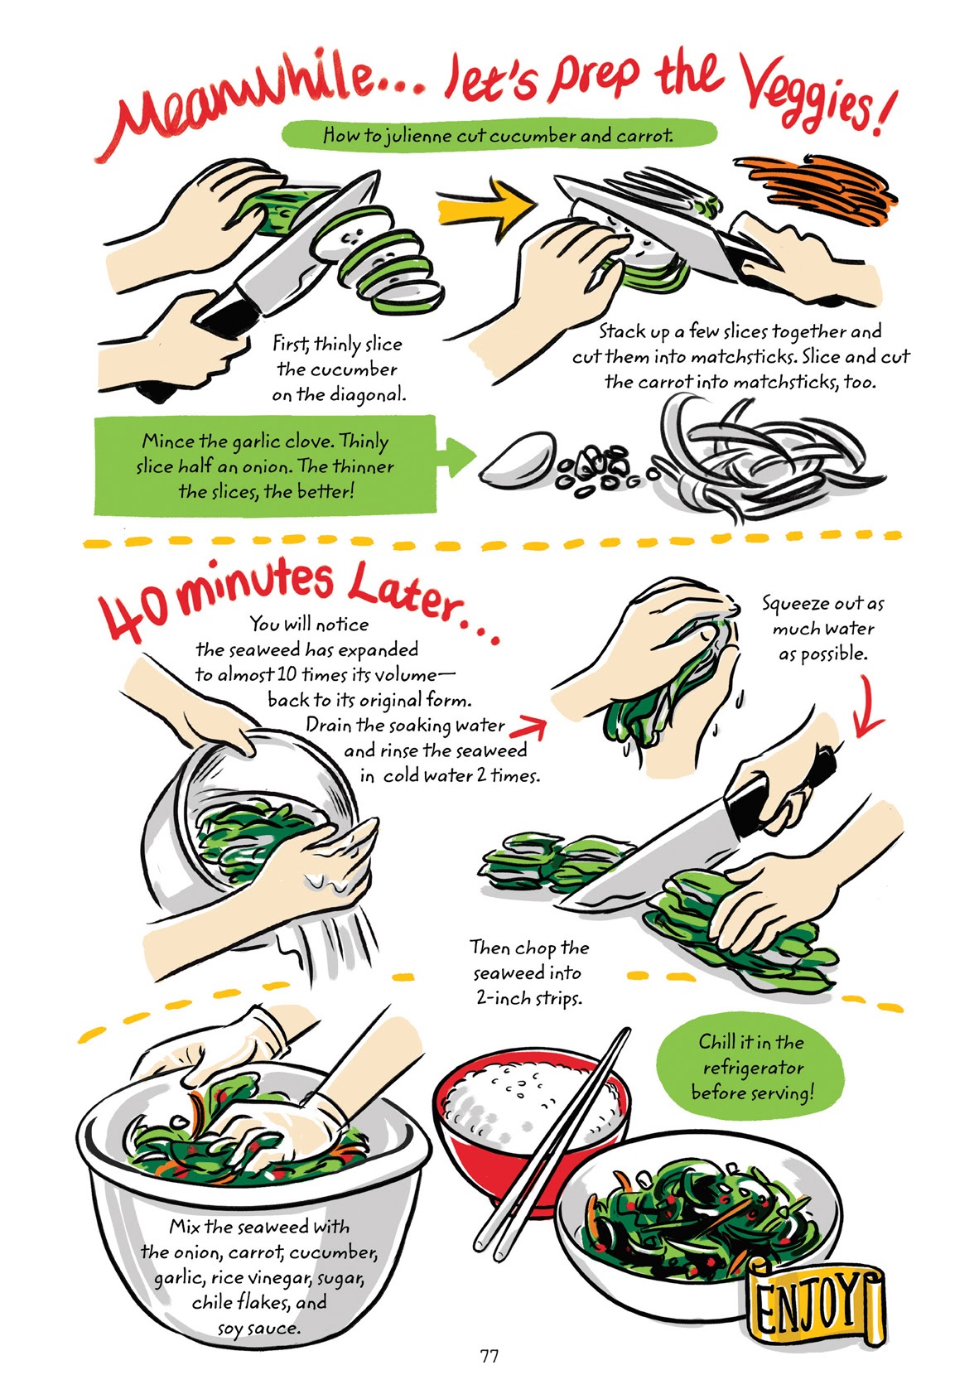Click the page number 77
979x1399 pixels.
(489, 1356)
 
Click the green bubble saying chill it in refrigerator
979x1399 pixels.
(750, 1067)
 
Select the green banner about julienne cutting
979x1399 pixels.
(497, 134)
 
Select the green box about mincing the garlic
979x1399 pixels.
(265, 466)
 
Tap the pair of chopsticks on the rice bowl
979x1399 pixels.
(551, 1151)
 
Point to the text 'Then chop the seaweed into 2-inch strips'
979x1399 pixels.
(528, 972)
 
